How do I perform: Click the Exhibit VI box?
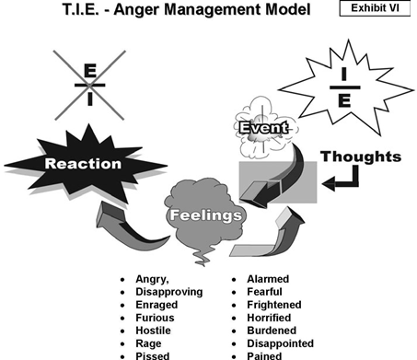tap(375, 9)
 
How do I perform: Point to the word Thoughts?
tap(360, 157)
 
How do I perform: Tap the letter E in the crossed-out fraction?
tap(89, 70)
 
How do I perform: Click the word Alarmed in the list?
tap(267, 279)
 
